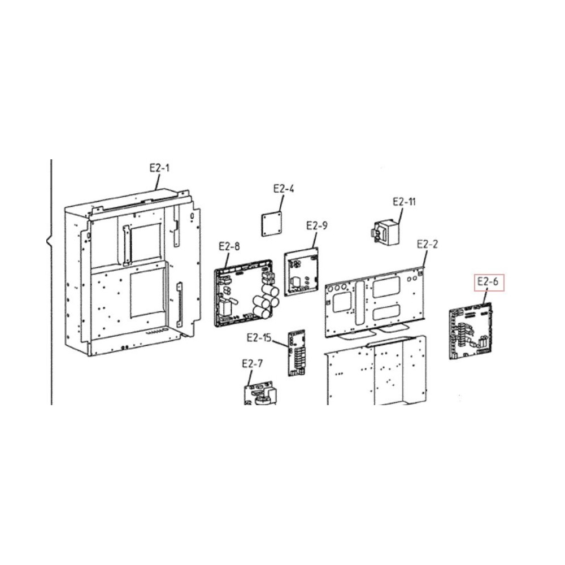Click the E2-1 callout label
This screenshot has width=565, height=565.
[159, 168]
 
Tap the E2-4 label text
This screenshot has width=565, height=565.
[284, 189]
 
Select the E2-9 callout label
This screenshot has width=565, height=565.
[317, 225]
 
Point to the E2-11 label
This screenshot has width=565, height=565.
[404, 202]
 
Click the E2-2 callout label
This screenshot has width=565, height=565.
[427, 244]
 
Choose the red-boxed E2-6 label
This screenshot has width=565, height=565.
[488, 281]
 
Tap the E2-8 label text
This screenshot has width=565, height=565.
[229, 246]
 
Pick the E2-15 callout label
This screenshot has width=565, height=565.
[259, 338]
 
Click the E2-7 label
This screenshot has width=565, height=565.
[252, 364]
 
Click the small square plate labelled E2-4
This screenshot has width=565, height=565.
[272, 224]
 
